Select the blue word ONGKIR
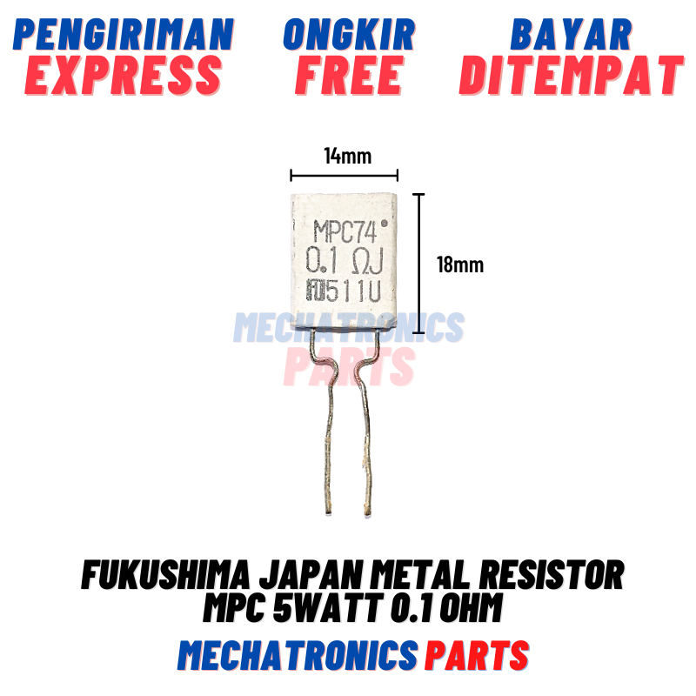[349, 34]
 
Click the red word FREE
[349, 75]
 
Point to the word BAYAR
[571, 34]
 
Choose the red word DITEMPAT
[571, 75]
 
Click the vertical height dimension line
[421, 264]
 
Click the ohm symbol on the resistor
[361, 260]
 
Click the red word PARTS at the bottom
[477, 654]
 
